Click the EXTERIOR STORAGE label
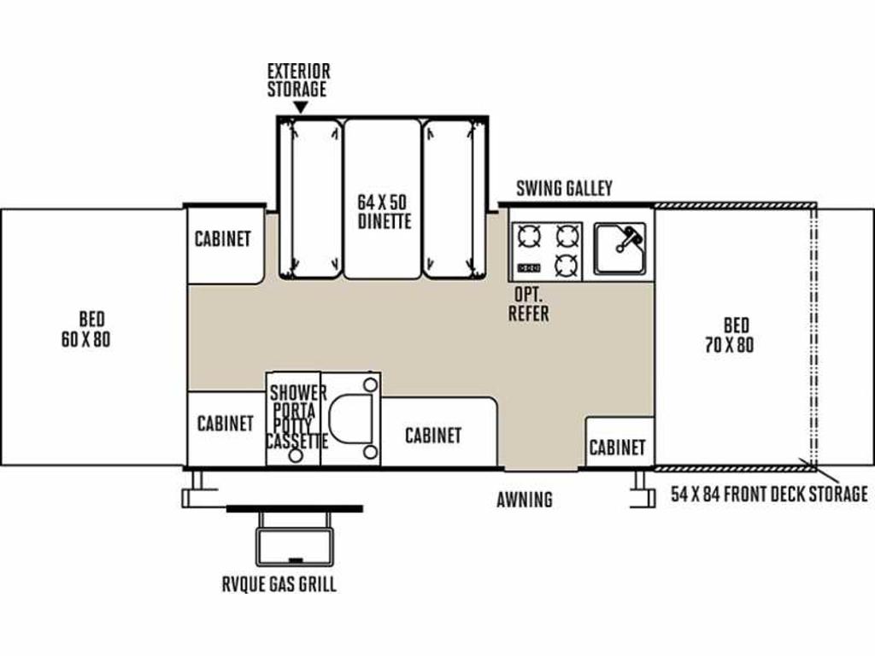[x=298, y=80]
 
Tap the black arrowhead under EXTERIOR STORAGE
[x=301, y=107]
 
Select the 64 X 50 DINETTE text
[x=384, y=212]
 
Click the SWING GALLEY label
[x=564, y=188]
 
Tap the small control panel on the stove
[x=529, y=268]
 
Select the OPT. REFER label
[x=528, y=304]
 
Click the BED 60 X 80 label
[x=86, y=329]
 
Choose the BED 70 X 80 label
[x=730, y=335]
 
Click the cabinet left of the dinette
[x=225, y=244]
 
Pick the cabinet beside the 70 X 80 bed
[x=620, y=442]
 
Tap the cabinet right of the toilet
[x=438, y=431]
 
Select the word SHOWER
[x=298, y=392]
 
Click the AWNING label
[x=525, y=499]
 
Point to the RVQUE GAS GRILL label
[x=279, y=584]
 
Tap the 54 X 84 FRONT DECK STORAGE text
[x=769, y=494]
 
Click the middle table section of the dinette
[x=382, y=199]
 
